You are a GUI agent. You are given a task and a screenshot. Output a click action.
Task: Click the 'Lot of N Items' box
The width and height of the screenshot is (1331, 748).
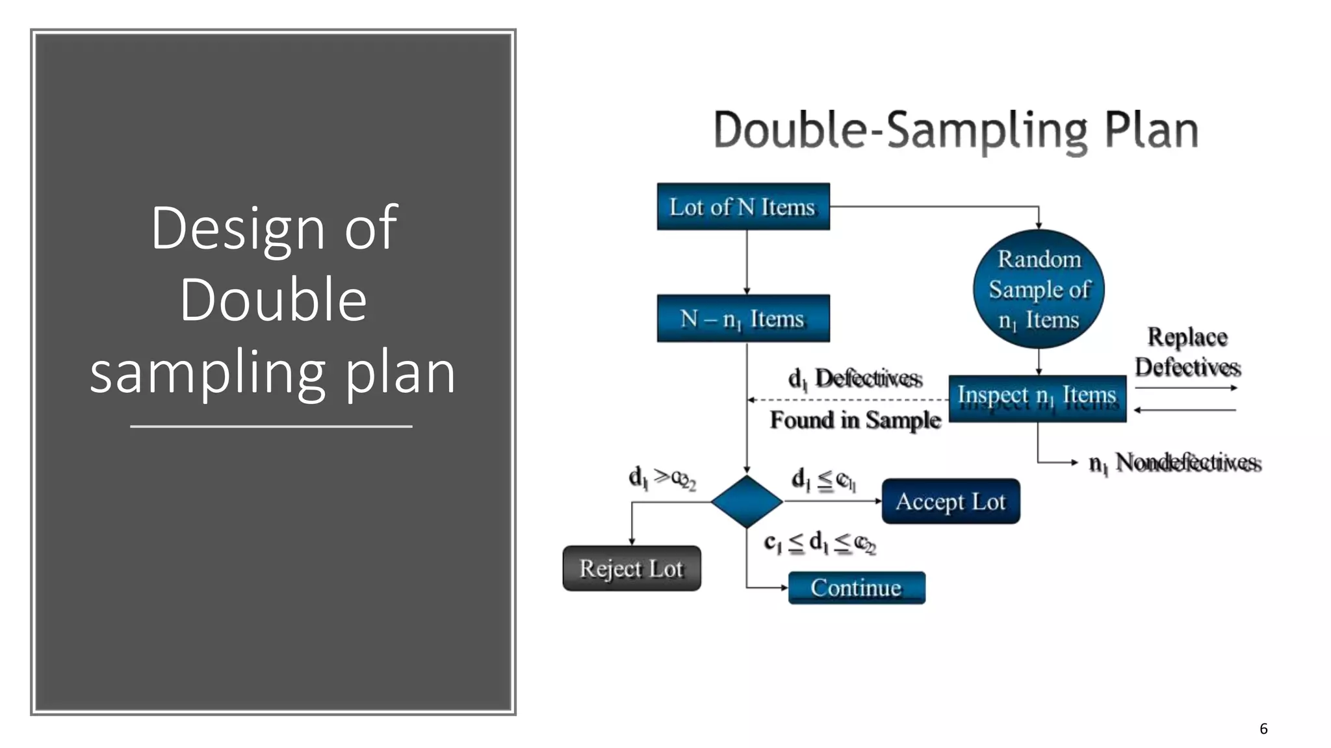click(743, 206)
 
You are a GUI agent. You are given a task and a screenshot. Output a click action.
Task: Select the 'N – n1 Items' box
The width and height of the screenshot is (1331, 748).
click(743, 318)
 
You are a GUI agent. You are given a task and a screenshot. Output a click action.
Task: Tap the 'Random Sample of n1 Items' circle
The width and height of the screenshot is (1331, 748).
click(1039, 289)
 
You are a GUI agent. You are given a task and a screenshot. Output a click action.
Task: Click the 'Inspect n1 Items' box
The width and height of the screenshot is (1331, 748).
click(1037, 398)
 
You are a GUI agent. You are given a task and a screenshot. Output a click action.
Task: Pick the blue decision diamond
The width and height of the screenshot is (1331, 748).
click(746, 501)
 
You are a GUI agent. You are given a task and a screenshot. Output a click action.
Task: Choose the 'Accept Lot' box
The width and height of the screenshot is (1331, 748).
click(950, 501)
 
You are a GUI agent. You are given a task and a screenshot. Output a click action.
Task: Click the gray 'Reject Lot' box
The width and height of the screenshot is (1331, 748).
click(631, 568)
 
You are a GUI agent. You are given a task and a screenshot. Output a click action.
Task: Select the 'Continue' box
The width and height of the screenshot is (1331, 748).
click(856, 588)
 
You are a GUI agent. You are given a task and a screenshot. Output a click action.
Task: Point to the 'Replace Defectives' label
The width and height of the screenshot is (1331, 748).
click(1187, 351)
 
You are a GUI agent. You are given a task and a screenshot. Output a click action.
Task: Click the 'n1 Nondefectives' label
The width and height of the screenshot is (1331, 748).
click(1174, 462)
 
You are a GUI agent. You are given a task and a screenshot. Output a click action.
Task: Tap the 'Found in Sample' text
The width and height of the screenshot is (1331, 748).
click(855, 420)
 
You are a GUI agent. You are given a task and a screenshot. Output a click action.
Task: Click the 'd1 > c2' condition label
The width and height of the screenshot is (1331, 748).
click(662, 478)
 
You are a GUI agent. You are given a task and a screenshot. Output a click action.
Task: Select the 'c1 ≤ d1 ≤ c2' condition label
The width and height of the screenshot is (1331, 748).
click(820, 542)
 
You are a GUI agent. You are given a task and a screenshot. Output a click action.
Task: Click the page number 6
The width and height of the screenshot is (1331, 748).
click(1263, 729)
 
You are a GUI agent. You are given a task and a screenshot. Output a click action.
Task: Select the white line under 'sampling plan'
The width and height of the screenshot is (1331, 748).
click(271, 427)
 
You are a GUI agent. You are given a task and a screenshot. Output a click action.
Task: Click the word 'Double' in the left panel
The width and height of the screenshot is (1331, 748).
click(273, 299)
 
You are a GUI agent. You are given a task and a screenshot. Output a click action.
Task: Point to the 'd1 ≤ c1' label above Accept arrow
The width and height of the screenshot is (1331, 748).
click(823, 480)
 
